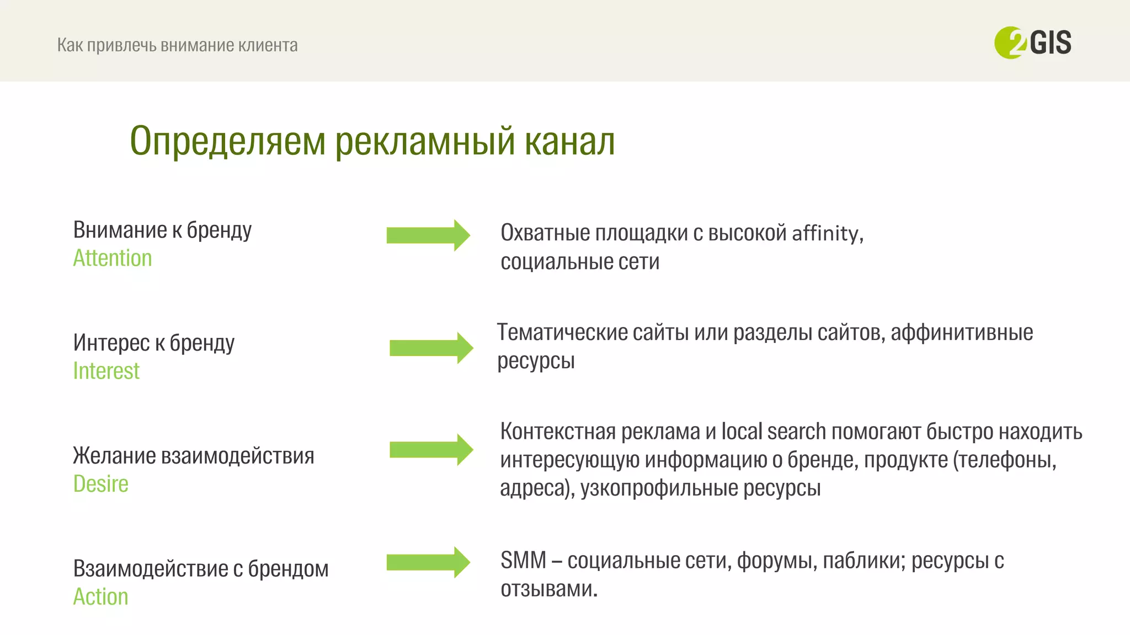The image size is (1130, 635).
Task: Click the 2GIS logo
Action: coord(1032,42)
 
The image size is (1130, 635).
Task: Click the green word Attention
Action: coord(113,258)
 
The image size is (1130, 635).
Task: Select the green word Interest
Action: coord(106,371)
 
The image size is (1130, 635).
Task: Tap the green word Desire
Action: coord(100,484)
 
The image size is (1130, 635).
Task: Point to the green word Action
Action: coord(100,596)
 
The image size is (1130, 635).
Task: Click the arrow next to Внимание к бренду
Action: coord(428,235)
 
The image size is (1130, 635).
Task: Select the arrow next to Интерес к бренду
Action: coord(431,348)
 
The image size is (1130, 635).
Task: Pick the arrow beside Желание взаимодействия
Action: coord(431,450)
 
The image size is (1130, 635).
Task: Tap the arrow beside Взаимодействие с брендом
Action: coord(428,562)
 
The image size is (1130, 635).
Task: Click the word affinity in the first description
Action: coord(827,233)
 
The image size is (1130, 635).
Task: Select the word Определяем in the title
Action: coord(228,141)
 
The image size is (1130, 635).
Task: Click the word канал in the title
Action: coord(569,141)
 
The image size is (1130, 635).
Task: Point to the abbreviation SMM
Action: coord(523,561)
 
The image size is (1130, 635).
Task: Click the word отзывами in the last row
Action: coord(548,589)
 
